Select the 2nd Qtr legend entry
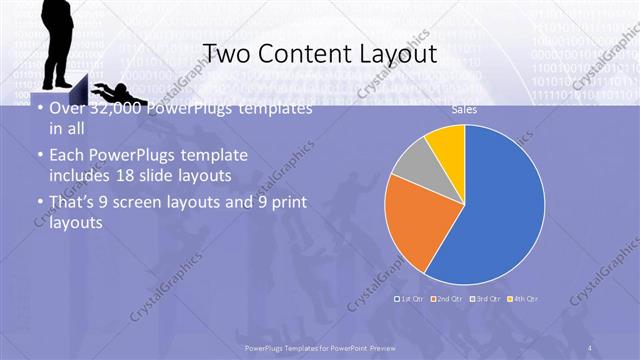tap(449, 298)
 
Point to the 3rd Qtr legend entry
tap(487, 298)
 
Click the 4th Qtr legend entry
tap(525, 298)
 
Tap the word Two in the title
tap(227, 53)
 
